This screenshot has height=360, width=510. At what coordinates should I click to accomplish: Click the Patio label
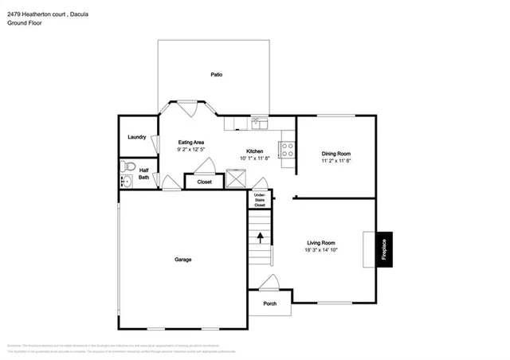point(216,74)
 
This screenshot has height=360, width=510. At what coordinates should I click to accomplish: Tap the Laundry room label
point(136,137)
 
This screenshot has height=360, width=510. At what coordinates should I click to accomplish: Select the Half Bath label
point(143,174)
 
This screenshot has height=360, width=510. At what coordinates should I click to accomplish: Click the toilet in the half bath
point(125,167)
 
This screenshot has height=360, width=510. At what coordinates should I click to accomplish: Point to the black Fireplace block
point(383,249)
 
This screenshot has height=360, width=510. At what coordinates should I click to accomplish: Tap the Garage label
point(182,259)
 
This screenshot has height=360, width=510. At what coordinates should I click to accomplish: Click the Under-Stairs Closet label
point(260,200)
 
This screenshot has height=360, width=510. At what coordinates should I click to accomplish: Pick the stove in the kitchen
point(286,148)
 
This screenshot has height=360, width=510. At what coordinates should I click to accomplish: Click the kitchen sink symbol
point(259,123)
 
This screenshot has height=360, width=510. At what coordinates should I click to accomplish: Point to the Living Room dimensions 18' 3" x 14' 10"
point(321,250)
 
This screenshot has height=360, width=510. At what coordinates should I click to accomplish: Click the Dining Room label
point(335,153)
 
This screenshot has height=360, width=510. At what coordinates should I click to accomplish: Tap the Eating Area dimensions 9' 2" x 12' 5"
point(190,149)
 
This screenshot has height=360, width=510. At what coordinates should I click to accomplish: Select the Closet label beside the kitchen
point(204,182)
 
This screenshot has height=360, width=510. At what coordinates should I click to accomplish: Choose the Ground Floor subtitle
point(25,23)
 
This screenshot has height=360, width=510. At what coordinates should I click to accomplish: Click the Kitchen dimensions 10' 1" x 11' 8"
point(254,158)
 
